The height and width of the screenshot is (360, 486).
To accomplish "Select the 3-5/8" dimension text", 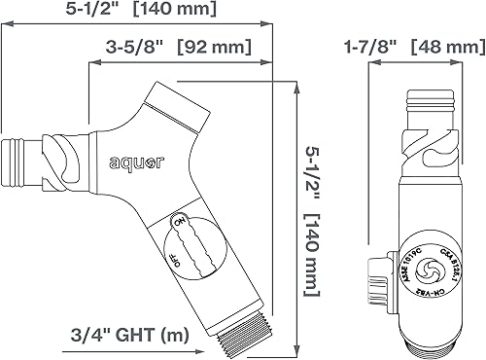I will coord(132,47).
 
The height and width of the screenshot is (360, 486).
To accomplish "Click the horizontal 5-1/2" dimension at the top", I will coord(33,9).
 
